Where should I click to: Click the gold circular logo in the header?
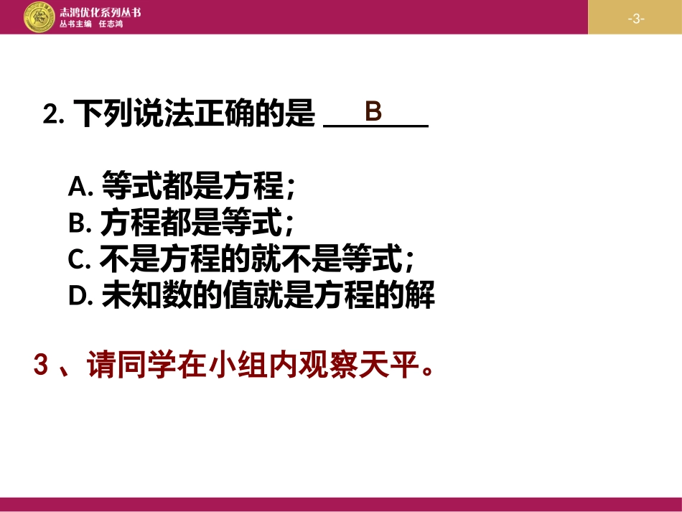[x=40, y=17]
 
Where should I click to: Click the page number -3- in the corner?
[x=635, y=18]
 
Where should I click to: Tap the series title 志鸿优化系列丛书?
[x=100, y=11]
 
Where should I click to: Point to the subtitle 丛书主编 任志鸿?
[x=91, y=24]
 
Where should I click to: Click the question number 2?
[x=53, y=115]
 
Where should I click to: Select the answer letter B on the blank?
[x=373, y=112]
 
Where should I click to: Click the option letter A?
[x=80, y=188]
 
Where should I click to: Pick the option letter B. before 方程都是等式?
[x=80, y=224]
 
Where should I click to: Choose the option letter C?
[x=79, y=260]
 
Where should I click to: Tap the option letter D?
[x=80, y=296]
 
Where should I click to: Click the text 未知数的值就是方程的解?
[x=268, y=295]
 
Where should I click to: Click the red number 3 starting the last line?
[x=41, y=366]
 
